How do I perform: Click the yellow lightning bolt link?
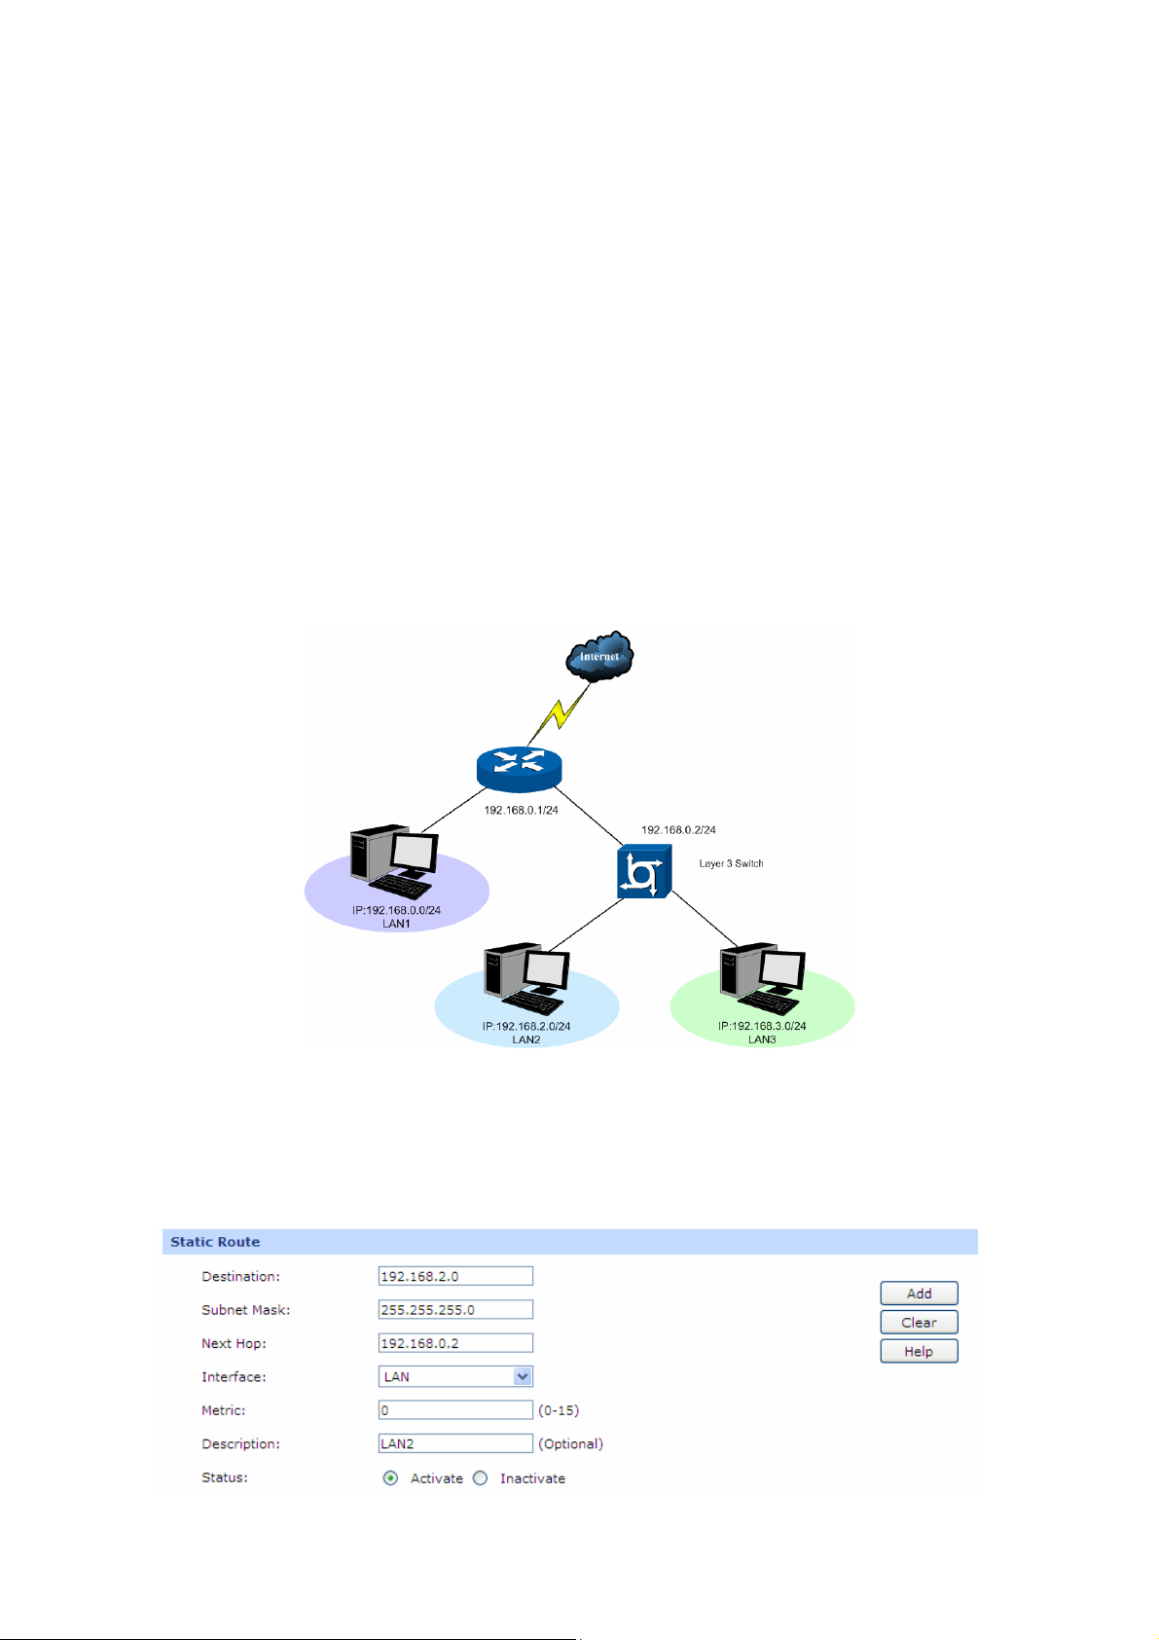pyautogui.click(x=559, y=714)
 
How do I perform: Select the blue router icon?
pyautogui.click(x=520, y=768)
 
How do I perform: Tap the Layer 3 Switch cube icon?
pyautogui.click(x=643, y=872)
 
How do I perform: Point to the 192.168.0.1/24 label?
pyautogui.click(x=521, y=810)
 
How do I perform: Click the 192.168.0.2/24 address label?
pyautogui.click(x=678, y=830)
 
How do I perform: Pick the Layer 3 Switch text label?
pyautogui.click(x=731, y=863)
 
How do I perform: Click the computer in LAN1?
pyautogui.click(x=394, y=861)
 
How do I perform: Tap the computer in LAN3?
pyautogui.click(x=762, y=978)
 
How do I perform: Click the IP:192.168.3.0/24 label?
pyautogui.click(x=762, y=1026)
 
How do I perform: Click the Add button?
pyautogui.click(x=919, y=1294)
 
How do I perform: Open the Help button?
pyautogui.click(x=919, y=1351)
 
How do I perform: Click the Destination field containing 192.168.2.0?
pyautogui.click(x=455, y=1276)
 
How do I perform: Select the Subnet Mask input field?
pyautogui.click(x=455, y=1310)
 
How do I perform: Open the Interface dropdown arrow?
pyautogui.click(x=523, y=1376)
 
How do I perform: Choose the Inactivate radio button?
pyautogui.click(x=481, y=1478)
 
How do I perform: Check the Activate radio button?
pyautogui.click(x=390, y=1478)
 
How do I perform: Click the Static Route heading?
pyautogui.click(x=215, y=1242)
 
